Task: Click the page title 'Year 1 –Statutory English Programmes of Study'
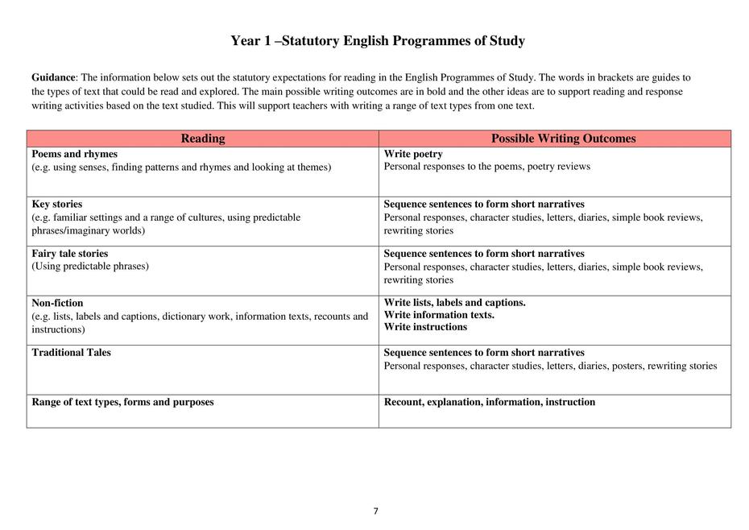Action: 378,41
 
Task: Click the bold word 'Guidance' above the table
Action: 53,78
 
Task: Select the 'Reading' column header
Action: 203,139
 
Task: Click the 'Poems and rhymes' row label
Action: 74,154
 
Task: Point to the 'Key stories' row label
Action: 56,204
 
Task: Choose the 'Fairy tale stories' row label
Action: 69,253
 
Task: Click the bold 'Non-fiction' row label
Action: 57,303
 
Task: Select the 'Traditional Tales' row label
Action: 71,352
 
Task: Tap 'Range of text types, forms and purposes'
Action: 122,402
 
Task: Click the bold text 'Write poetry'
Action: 413,154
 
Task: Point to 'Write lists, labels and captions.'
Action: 454,302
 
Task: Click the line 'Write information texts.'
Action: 439,315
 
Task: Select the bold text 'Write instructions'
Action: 425,327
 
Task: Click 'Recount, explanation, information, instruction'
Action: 489,402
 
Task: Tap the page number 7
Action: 375,511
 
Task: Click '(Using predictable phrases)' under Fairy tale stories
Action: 90,266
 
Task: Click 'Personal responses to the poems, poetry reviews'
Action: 486,167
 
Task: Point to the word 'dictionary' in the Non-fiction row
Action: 187,317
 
